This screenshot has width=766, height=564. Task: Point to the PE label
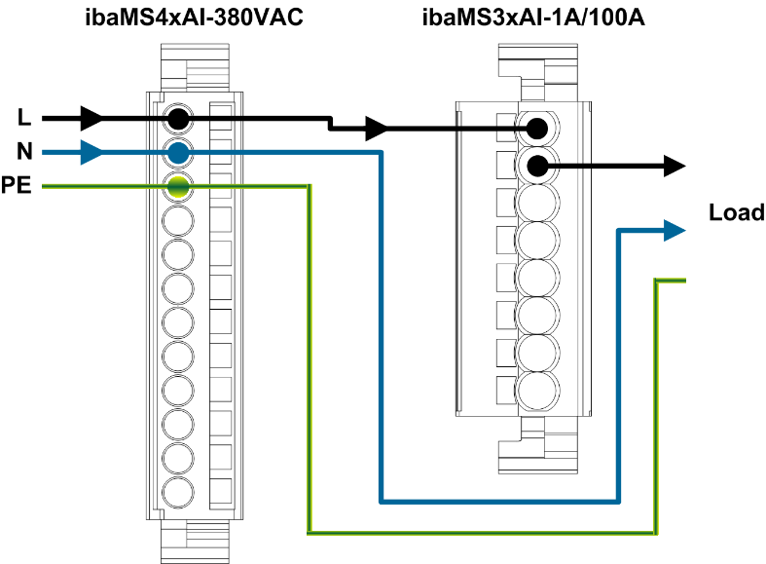(x=17, y=185)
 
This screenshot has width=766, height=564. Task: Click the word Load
(x=737, y=213)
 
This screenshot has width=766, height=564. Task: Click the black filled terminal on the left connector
(x=177, y=119)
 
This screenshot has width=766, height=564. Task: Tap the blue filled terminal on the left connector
(x=177, y=152)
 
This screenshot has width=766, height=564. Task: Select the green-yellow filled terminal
(x=177, y=186)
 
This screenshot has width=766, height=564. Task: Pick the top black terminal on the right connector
(x=536, y=128)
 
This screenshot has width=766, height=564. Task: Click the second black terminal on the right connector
(x=536, y=166)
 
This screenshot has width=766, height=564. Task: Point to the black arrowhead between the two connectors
(x=377, y=128)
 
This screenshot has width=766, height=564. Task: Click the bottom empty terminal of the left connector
(x=177, y=491)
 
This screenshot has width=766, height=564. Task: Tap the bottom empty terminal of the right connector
(x=536, y=391)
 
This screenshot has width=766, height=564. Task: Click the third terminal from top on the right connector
(x=536, y=203)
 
